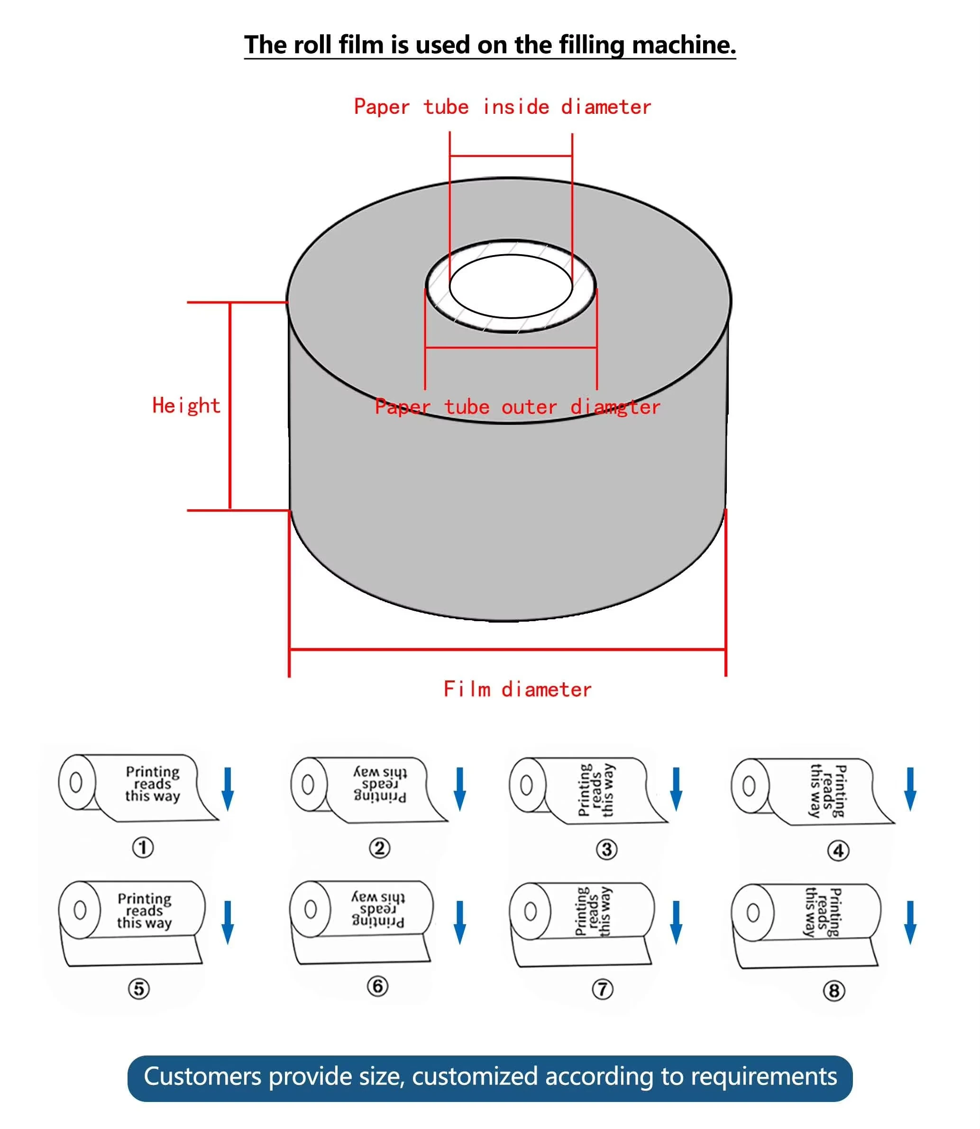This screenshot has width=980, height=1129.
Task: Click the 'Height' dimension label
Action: click(186, 405)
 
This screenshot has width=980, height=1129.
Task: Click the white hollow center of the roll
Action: click(510, 286)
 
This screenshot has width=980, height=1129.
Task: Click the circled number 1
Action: click(143, 847)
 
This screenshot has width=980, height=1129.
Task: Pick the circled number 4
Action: click(838, 851)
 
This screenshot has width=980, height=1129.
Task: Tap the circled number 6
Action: click(377, 986)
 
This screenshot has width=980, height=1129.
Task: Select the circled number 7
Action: click(602, 989)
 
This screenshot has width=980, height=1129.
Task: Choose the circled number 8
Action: click(833, 991)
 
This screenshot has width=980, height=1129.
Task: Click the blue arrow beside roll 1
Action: click(228, 789)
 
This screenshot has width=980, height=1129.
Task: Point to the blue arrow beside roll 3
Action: click(676, 789)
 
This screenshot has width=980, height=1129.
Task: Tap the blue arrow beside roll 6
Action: click(460, 923)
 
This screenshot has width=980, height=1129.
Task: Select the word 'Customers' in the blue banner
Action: click(202, 1076)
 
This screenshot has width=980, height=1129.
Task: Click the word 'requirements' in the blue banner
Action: click(763, 1076)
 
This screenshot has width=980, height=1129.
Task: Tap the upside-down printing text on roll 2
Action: click(380, 784)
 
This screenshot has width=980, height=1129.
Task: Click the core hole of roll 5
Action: click(80, 910)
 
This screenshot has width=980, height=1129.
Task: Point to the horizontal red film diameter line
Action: click(507, 649)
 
